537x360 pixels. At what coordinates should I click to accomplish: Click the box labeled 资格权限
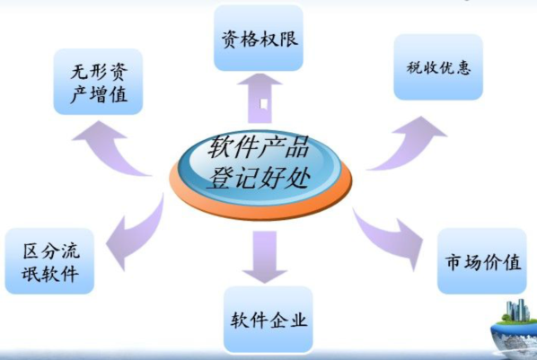pos(259,38)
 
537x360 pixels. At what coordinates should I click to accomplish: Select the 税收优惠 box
pos(438,66)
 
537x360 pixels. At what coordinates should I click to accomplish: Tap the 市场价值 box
pos(482,261)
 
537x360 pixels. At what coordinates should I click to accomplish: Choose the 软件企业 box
pos(268,320)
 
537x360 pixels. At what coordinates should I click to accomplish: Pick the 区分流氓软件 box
pos(49,261)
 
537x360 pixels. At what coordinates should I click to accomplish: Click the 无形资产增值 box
pos(98,82)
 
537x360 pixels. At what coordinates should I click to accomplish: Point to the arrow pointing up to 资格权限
pos(260,99)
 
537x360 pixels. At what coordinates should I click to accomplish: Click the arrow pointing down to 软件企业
pos(264,257)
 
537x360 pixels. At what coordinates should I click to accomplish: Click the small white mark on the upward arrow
pos(263,104)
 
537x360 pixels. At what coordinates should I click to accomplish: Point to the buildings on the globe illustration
pos(517,311)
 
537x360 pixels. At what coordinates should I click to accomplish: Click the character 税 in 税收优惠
pos(414,67)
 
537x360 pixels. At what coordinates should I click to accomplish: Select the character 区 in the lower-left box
pos(31,250)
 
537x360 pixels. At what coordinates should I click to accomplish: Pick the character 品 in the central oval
pos(297,146)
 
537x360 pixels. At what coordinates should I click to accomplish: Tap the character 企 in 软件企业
pos(279,320)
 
